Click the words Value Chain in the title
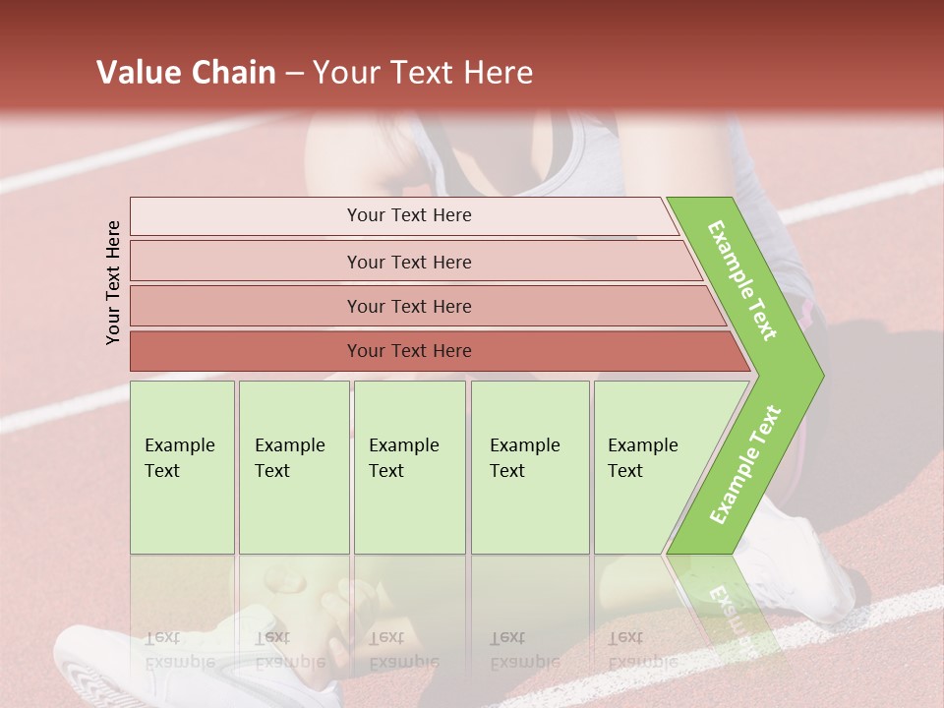click(186, 73)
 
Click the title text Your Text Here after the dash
click(423, 73)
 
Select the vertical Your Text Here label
click(113, 282)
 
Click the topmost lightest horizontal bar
click(409, 215)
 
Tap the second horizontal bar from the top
click(409, 262)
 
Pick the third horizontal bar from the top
click(409, 306)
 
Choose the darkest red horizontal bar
click(409, 351)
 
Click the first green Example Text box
click(182, 467)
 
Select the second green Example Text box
click(294, 467)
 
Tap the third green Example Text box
click(409, 467)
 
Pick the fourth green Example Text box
click(530, 467)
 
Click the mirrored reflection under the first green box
click(182, 629)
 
